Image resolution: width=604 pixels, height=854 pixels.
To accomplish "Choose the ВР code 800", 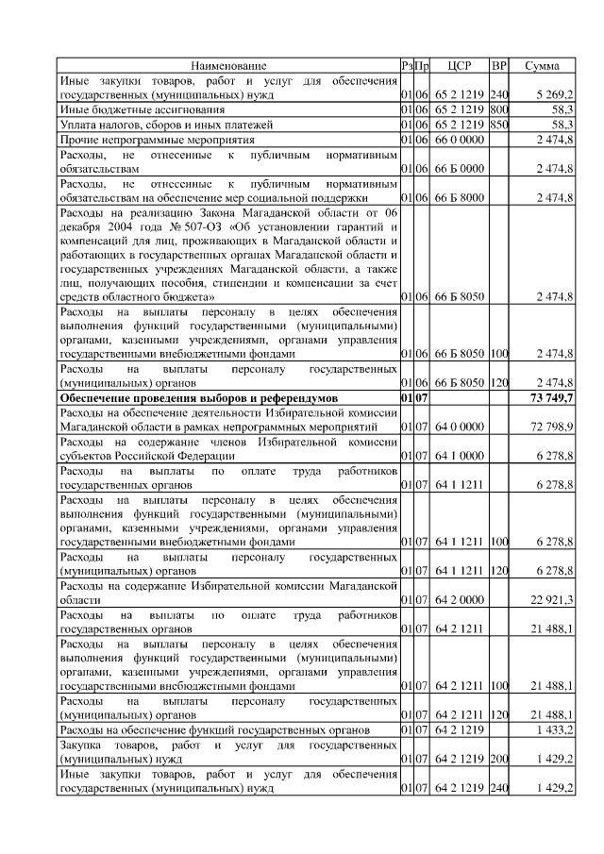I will pyautogui.click(x=499, y=109).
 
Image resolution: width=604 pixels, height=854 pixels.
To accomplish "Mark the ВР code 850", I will pyautogui.click(x=499, y=125).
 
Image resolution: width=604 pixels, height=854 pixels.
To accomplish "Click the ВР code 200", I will pyautogui.click(x=499, y=759).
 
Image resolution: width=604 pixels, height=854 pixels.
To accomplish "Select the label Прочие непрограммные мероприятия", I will pyautogui.click(x=146, y=139).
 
